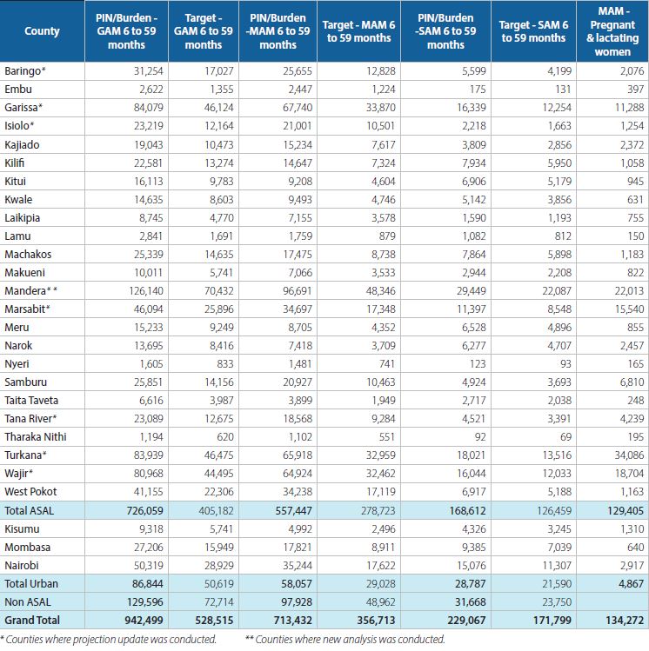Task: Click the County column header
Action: [42, 31]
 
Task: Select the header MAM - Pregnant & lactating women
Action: [612, 31]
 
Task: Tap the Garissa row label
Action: [23, 108]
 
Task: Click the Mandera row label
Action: [30, 290]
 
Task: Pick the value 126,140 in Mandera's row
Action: [146, 290]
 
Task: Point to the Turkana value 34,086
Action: [629, 455]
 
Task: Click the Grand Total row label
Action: [32, 621]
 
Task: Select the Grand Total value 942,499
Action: [144, 621]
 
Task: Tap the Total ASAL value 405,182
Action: [216, 511]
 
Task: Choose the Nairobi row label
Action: [22, 566]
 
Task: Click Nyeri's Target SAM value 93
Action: [565, 363]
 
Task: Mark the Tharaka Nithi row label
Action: [36, 437]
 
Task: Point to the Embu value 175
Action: [478, 90]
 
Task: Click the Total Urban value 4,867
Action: [631, 584]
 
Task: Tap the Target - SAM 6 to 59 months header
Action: [533, 31]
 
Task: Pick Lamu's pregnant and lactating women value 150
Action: [635, 236]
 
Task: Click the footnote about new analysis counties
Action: [345, 640]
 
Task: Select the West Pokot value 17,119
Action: [380, 492]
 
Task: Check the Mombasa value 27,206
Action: [149, 548]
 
